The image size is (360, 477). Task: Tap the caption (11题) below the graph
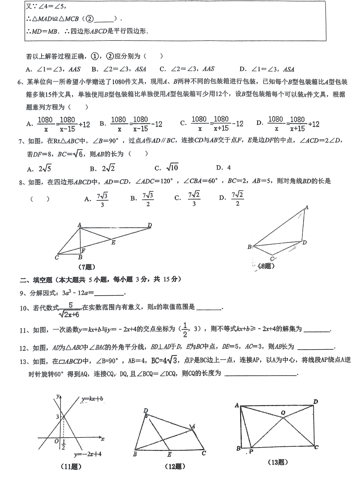pyautogui.click(x=72, y=467)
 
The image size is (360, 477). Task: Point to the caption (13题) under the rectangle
pyautogui.click(x=278, y=461)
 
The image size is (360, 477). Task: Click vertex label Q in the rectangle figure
pyautogui.click(x=283, y=413)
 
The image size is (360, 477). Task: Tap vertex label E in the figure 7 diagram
pyautogui.click(x=113, y=242)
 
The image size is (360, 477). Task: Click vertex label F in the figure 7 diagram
pyautogui.click(x=83, y=250)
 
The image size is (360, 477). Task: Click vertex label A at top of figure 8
pyautogui.click(x=306, y=207)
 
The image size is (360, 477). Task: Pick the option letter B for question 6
pyautogui.click(x=102, y=124)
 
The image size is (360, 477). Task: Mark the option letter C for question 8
pyautogui.click(x=177, y=198)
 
